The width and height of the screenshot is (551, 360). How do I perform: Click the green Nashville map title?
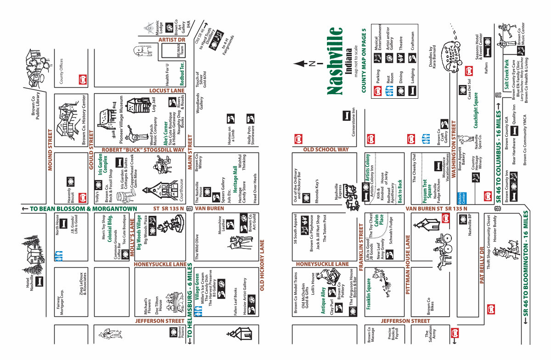336,61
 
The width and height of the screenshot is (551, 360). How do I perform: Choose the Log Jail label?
153,105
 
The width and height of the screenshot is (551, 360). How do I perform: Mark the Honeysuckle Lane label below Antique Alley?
322,264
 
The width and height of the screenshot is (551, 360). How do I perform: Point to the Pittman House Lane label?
407,264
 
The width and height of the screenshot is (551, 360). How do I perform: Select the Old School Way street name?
326,150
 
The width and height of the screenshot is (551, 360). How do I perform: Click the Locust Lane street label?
167,91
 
